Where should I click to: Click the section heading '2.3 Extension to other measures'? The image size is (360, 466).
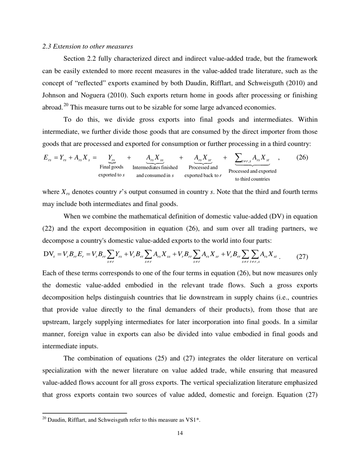[88, 47]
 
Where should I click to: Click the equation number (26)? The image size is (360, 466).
[302, 158]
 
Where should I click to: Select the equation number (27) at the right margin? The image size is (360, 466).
[302, 256]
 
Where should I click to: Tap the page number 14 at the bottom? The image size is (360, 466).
[180, 433]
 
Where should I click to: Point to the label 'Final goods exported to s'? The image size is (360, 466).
[111, 171]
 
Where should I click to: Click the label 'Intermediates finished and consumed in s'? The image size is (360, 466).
[155, 171]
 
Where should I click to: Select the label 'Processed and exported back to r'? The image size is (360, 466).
[203, 171]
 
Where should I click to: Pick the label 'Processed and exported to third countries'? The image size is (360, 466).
[252, 175]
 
